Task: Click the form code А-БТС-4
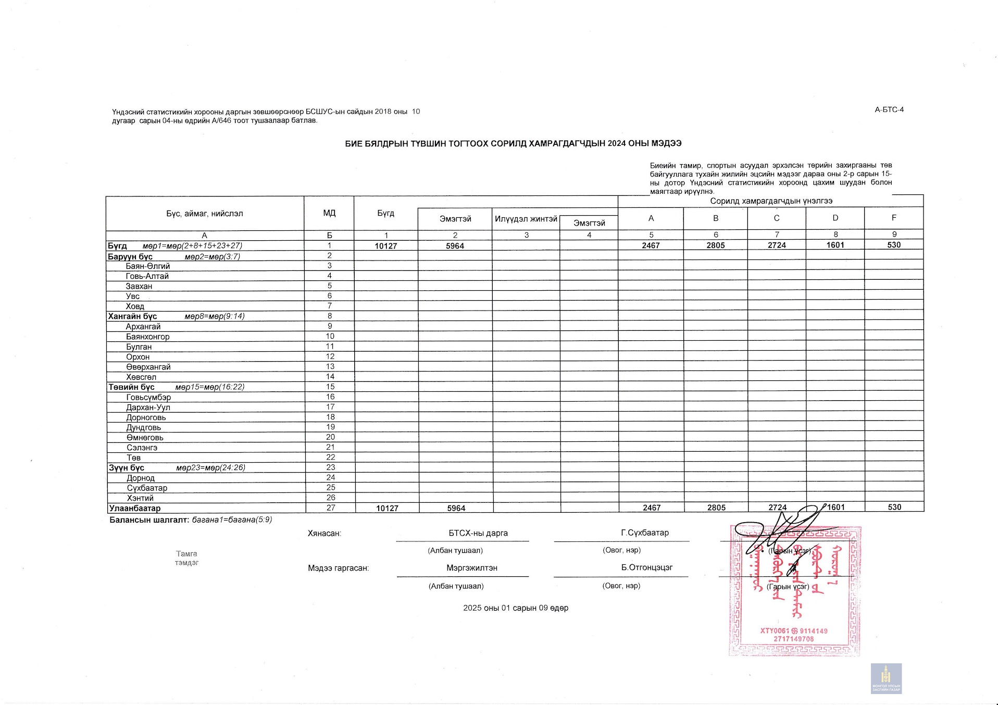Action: point(889,109)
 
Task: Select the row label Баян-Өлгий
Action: point(147,266)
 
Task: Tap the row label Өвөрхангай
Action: point(148,367)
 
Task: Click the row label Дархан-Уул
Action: point(148,407)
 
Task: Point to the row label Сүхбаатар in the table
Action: point(147,488)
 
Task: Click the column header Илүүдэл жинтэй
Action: point(526,219)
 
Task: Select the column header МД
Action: point(329,213)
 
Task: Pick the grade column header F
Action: point(894,218)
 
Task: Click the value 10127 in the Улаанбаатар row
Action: point(387,508)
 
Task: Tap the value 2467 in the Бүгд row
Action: point(651,245)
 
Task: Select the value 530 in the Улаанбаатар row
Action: point(894,507)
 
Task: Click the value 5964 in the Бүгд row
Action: point(455,246)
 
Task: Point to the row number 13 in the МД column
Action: point(330,366)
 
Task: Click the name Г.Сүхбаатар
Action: point(644,533)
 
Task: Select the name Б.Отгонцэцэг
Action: point(646,567)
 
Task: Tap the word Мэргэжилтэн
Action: point(471,568)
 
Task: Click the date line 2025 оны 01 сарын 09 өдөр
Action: point(515,608)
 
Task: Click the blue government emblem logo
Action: point(886,678)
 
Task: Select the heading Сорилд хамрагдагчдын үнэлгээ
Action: point(771,201)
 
